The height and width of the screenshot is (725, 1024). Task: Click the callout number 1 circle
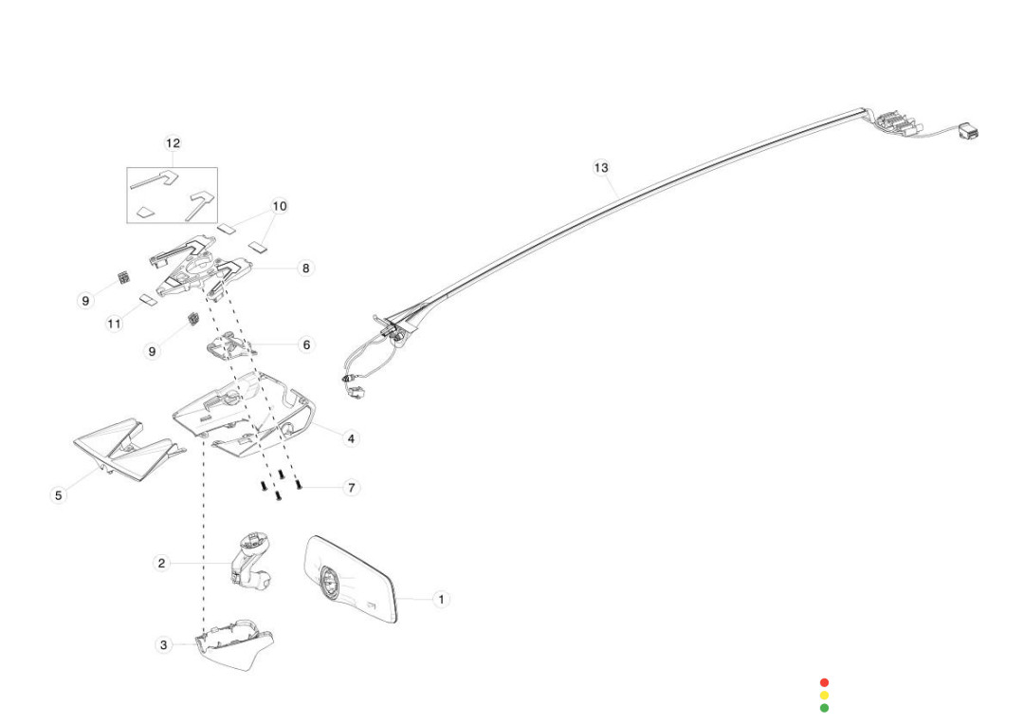click(441, 600)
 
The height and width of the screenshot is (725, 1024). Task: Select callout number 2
click(161, 564)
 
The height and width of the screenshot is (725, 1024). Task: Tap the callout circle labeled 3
click(163, 645)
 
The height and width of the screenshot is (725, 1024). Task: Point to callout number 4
click(351, 438)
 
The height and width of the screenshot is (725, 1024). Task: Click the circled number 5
click(59, 495)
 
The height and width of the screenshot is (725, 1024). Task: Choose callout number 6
click(305, 345)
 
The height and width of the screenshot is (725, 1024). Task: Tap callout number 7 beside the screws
click(351, 488)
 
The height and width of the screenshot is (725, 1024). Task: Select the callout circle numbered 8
click(305, 269)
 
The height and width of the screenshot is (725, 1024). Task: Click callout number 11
click(114, 325)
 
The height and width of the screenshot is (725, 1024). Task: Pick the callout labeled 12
click(173, 143)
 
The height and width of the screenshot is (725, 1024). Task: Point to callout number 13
click(601, 168)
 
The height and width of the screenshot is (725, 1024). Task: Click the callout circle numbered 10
click(279, 206)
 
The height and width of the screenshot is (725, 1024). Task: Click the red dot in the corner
click(824, 682)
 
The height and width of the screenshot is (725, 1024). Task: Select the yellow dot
click(824, 696)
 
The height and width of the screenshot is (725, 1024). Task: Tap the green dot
click(824, 708)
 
